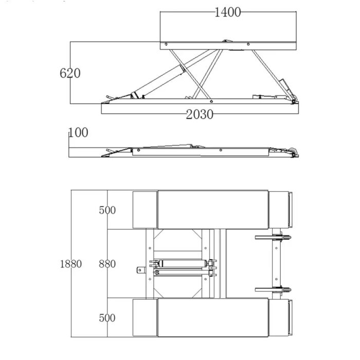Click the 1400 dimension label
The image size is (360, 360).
[x=227, y=12]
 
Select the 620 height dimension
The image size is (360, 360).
[x=70, y=73]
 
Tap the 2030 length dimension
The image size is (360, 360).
[x=200, y=114]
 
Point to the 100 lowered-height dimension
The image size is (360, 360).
[x=78, y=133]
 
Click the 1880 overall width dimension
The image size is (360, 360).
[x=71, y=264]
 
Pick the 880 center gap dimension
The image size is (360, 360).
[x=107, y=264]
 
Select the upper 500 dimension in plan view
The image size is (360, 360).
[x=107, y=210]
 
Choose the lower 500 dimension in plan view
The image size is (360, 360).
[x=107, y=318]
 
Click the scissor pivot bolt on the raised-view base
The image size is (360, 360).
[x=211, y=101]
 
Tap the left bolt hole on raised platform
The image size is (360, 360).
[x=166, y=44]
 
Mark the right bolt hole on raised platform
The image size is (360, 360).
[x=248, y=44]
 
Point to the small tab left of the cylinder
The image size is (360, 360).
[x=141, y=270]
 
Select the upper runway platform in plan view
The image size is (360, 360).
[x=213, y=210]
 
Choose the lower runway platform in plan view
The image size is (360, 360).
[x=213, y=317]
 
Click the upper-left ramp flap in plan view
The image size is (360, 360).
[x=145, y=210]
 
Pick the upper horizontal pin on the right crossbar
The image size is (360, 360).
[x=273, y=238]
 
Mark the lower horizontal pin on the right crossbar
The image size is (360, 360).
[x=273, y=290]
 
